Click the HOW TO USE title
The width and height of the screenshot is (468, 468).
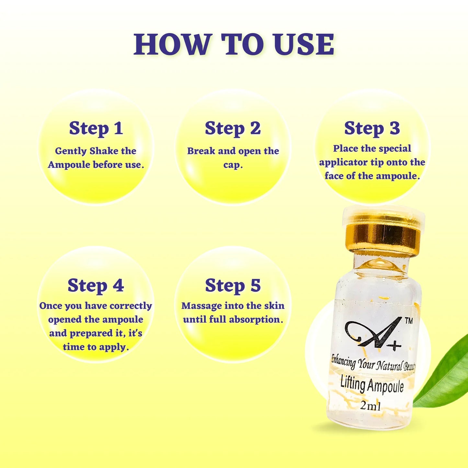coord(234,44)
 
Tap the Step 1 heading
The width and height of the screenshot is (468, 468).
coord(96,128)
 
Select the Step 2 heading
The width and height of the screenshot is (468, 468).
coord(233,128)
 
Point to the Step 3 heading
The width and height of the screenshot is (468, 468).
coord(372,128)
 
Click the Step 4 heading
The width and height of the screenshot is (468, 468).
coord(96,286)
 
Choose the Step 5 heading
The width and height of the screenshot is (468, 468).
coord(233,286)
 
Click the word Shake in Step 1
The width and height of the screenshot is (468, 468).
coord(104,151)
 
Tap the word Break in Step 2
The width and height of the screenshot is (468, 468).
coord(201,151)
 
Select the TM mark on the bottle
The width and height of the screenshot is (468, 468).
coord(409,321)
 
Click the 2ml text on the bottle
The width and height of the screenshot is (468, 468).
coord(371,405)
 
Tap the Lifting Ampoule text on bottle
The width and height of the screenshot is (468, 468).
coord(372,385)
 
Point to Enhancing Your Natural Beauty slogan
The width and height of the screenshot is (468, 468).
coord(372,364)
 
